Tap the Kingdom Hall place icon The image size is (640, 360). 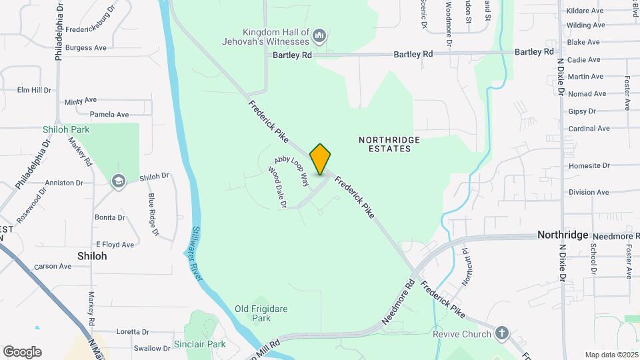pos(319,35)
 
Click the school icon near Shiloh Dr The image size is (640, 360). pos(119,181)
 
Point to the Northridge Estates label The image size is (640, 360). pos(389,144)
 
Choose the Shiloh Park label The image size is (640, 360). pos(66,129)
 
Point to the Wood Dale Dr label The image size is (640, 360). pos(277,187)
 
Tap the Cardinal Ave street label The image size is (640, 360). pos(589,129)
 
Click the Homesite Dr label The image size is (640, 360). pos(588,165)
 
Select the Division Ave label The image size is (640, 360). pos(589,192)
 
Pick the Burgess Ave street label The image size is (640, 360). pos(86,48)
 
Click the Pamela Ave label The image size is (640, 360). pos(109,115)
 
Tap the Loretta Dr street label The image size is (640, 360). pos(132,331)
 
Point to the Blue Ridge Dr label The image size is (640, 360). pos(153,214)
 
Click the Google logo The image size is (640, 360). pos(22,352)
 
